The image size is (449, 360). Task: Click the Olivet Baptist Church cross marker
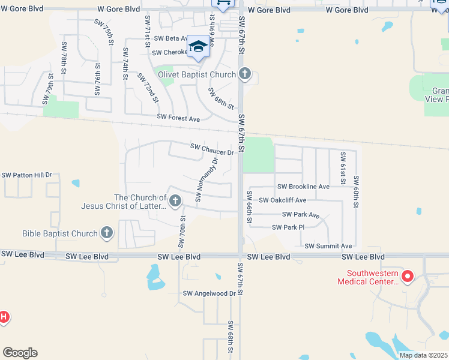point(244,74)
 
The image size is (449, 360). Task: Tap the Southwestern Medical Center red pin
point(408,277)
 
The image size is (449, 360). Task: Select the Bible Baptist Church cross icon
point(107,233)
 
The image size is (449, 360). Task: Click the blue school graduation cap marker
point(198,46)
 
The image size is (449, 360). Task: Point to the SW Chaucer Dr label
point(211,149)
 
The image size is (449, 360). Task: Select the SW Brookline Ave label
point(303,187)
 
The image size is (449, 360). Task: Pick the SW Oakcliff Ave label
point(283,200)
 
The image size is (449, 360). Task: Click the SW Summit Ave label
point(328,246)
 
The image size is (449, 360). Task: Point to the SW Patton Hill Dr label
point(27,175)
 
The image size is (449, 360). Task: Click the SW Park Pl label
point(288,227)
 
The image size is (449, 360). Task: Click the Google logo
point(20,353)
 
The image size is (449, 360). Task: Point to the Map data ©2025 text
point(424,355)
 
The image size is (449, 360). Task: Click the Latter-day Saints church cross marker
point(175,200)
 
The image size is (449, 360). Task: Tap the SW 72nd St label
point(148,87)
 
